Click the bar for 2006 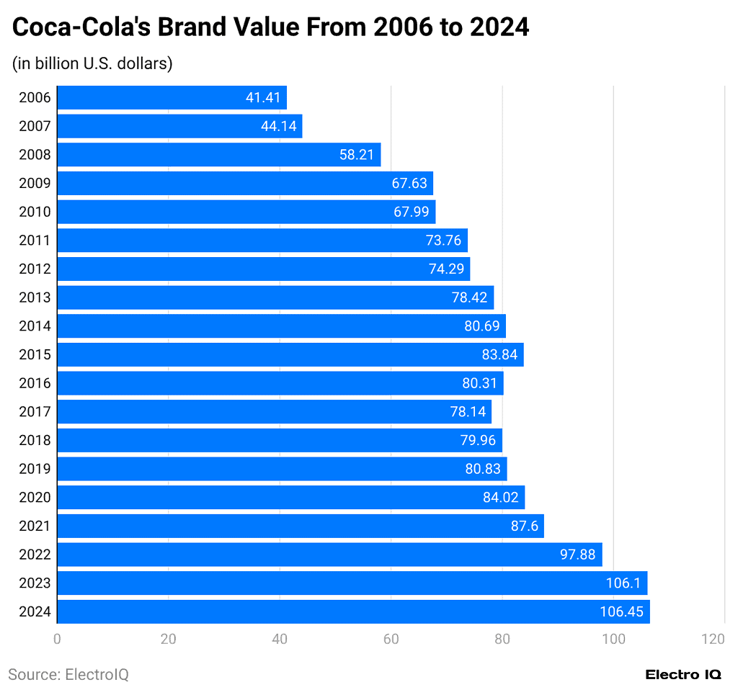172,98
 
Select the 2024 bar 353,612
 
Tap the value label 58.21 357,155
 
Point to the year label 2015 35,354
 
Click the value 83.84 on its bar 499,354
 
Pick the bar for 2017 274,412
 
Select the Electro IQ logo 683,675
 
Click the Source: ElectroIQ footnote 68,675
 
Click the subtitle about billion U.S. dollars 92,63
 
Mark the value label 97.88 577,555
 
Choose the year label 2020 35,498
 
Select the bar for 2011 262,241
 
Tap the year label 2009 35,184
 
